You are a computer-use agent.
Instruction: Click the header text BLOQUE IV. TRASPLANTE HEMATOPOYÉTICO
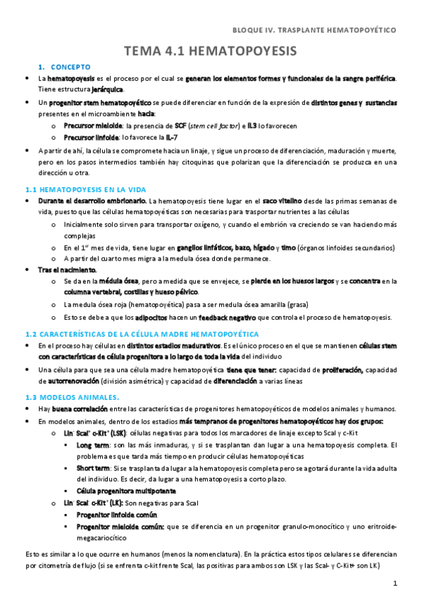(314, 30)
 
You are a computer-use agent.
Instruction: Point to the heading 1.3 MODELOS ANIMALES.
(68, 397)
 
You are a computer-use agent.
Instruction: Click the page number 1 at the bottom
(396, 584)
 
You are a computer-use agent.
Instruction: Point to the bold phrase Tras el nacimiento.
(68, 270)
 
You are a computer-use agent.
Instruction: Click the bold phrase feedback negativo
(225, 318)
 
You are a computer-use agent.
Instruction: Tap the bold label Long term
(93, 446)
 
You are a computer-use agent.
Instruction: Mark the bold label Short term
(94, 468)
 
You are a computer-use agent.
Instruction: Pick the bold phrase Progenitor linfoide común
(117, 514)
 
